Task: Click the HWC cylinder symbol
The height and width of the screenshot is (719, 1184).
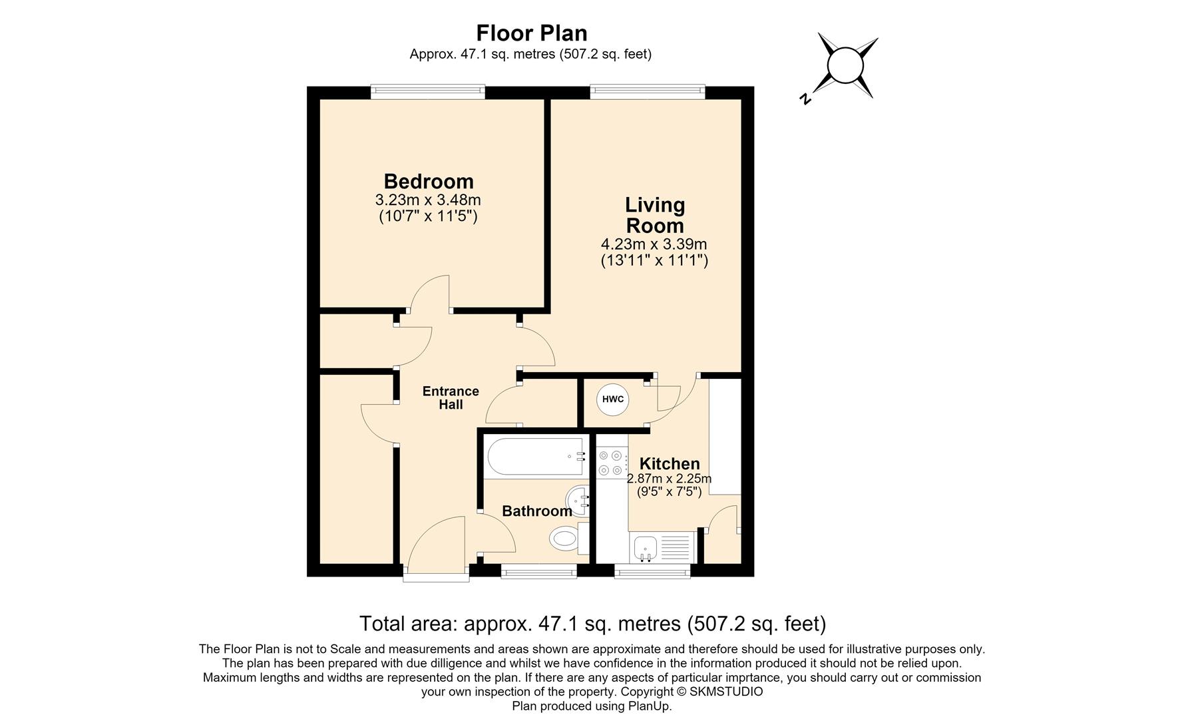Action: (x=612, y=399)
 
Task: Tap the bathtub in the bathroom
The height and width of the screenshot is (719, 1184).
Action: (x=535, y=457)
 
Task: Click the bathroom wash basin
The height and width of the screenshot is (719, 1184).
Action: (x=578, y=501)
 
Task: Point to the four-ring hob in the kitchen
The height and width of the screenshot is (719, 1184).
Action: (x=612, y=463)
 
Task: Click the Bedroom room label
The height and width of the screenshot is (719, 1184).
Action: (x=429, y=181)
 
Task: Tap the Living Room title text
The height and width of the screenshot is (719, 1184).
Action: (x=655, y=215)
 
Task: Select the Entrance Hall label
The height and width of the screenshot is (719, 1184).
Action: (x=451, y=397)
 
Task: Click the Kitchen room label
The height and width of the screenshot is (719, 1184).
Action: (x=670, y=463)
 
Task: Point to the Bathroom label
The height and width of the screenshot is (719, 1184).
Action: (x=536, y=511)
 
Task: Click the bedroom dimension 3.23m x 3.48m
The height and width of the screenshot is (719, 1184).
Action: (x=428, y=200)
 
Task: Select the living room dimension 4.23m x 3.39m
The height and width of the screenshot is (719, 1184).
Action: (x=654, y=244)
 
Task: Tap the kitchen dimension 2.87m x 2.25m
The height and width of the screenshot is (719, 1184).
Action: (x=669, y=479)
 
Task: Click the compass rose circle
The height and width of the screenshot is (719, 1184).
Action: (x=845, y=66)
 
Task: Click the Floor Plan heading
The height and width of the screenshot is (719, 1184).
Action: (x=532, y=33)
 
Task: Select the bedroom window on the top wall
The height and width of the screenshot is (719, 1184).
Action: (x=428, y=92)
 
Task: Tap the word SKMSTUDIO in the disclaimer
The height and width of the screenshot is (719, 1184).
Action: (x=726, y=692)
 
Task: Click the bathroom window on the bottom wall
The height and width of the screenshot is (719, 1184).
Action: (x=538, y=571)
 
